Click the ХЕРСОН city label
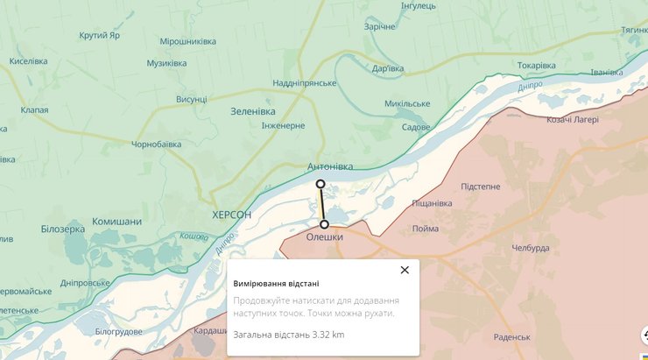(x=232, y=215)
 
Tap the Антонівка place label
(x=330, y=166)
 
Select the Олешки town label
(x=325, y=236)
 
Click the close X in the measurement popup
(x=405, y=270)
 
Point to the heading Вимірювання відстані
(x=276, y=284)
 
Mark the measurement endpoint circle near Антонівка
(x=320, y=184)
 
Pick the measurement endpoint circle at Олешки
(x=325, y=224)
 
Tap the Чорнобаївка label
(x=157, y=144)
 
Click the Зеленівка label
(x=252, y=112)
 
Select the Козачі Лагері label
(x=572, y=120)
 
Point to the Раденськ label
(x=512, y=337)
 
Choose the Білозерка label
(x=63, y=229)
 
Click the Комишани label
(x=116, y=222)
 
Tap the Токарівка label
(x=536, y=66)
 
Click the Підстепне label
(x=480, y=187)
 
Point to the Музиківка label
(x=166, y=63)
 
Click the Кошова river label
(x=194, y=236)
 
